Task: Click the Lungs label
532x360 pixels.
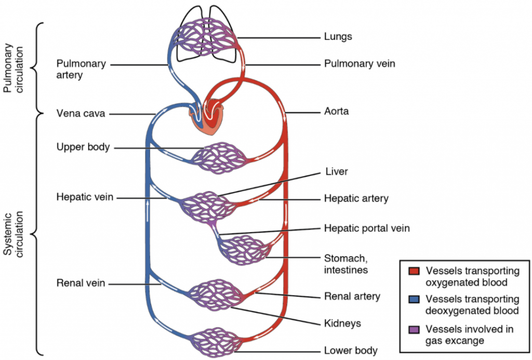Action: pyautogui.click(x=338, y=37)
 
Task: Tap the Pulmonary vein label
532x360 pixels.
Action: pyautogui.click(x=360, y=64)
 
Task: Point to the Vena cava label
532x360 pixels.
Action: pyautogui.click(x=81, y=114)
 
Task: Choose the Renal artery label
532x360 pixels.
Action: pyautogui.click(x=352, y=297)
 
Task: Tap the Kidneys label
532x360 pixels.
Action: pyautogui.click(x=342, y=323)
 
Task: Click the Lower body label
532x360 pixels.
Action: pyautogui.click(x=351, y=350)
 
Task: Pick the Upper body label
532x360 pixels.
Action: pyautogui.click(x=83, y=147)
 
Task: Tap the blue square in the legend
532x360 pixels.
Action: pyautogui.click(x=414, y=300)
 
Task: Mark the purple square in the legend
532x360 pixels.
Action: pyautogui.click(x=414, y=329)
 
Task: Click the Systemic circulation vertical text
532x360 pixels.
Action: pyautogui.click(x=13, y=234)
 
